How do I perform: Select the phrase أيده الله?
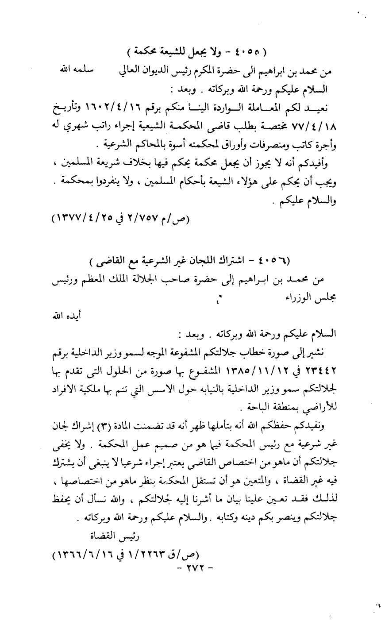[x=59, y=316]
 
